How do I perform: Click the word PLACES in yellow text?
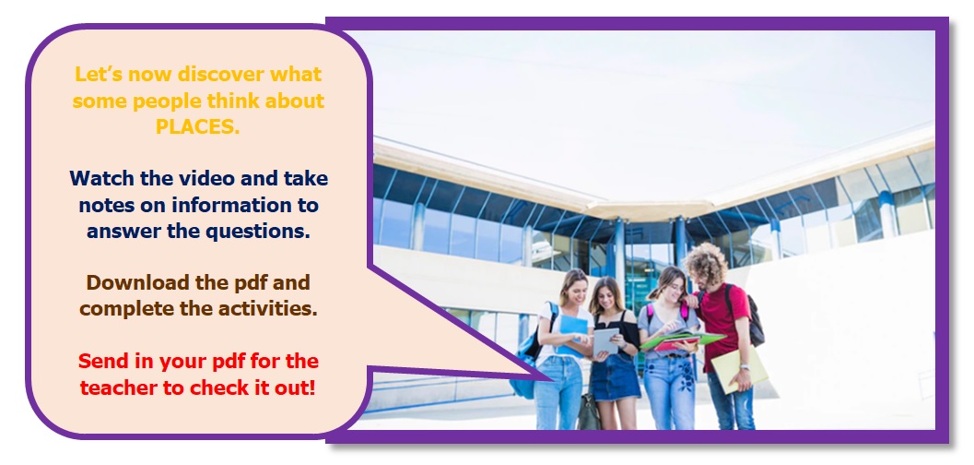(197, 126)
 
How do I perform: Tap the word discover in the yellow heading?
(220, 74)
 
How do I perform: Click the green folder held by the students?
(681, 339)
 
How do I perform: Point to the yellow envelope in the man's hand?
(739, 369)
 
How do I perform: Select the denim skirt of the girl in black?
(615, 376)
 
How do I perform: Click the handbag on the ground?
(588, 412)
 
